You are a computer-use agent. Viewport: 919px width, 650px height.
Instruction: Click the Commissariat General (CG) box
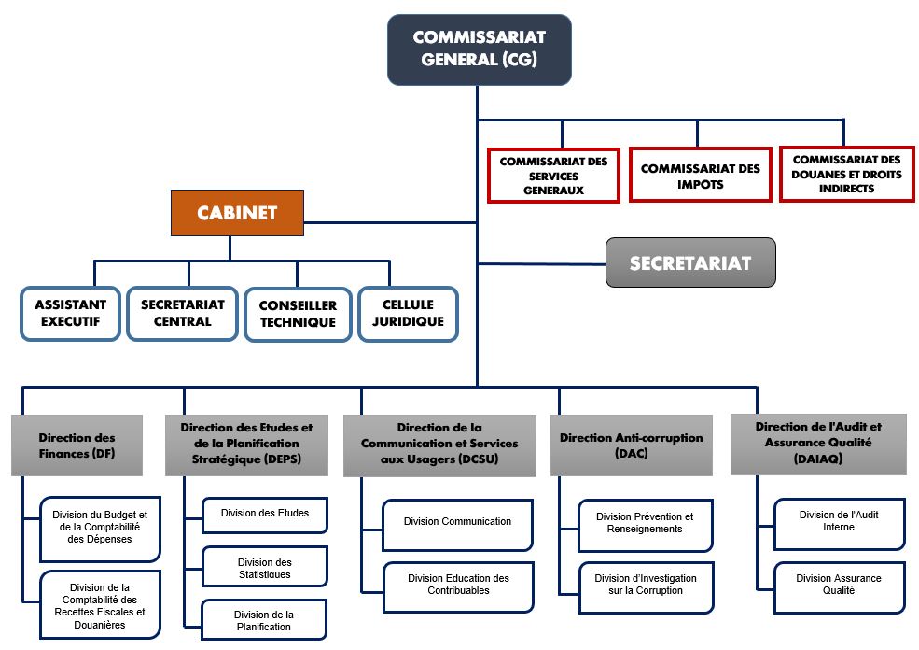click(x=479, y=49)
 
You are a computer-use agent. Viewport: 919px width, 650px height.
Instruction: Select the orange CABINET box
click(x=237, y=213)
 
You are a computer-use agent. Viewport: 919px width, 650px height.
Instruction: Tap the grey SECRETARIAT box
click(x=690, y=262)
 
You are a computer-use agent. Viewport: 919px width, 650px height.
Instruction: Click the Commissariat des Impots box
click(x=700, y=176)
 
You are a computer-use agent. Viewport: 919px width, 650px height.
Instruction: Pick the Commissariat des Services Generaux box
click(x=553, y=176)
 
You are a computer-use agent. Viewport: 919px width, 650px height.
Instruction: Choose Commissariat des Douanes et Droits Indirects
click(x=846, y=175)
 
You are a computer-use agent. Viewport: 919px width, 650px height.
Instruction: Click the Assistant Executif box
click(x=71, y=314)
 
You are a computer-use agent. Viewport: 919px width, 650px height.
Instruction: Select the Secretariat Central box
click(x=183, y=314)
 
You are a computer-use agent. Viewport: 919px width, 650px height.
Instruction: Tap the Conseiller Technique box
click(x=298, y=314)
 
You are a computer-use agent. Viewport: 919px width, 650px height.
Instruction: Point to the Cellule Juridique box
click(x=408, y=314)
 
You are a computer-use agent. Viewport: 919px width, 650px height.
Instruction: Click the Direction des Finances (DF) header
click(x=77, y=445)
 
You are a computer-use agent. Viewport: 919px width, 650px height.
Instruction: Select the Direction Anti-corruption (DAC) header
click(x=632, y=445)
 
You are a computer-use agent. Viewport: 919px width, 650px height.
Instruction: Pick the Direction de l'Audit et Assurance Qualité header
click(x=817, y=443)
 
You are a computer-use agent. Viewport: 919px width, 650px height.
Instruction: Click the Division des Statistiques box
click(x=265, y=568)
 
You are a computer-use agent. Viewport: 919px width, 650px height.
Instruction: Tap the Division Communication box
click(x=457, y=522)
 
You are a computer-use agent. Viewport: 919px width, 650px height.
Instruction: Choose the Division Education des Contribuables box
click(x=457, y=585)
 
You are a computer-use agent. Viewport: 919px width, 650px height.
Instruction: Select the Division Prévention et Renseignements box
click(x=645, y=523)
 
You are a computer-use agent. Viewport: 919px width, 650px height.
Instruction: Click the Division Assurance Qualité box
click(x=839, y=585)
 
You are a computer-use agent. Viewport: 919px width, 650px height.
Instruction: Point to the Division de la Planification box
click(x=264, y=620)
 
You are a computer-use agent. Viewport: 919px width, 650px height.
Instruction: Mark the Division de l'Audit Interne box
click(x=839, y=522)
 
